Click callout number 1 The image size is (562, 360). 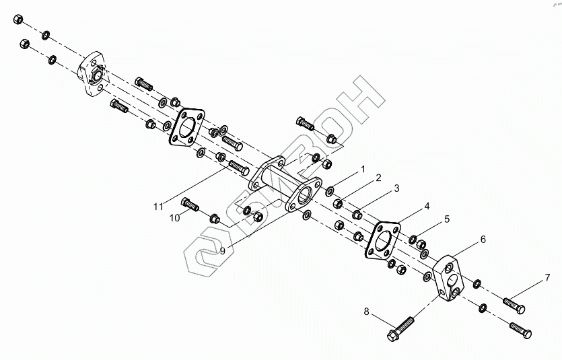pyautogui.click(x=362, y=168)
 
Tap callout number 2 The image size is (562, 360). pyautogui.click(x=378, y=178)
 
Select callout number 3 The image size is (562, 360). pyautogui.click(x=396, y=188)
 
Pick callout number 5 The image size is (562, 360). pyautogui.click(x=445, y=219)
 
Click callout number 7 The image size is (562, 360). pyautogui.click(x=547, y=277)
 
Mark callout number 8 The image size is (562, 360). pyautogui.click(x=367, y=312)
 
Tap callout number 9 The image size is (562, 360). pyautogui.click(x=221, y=250)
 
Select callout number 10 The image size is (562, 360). pyautogui.click(x=174, y=217)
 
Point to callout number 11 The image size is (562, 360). pyautogui.click(x=158, y=206)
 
